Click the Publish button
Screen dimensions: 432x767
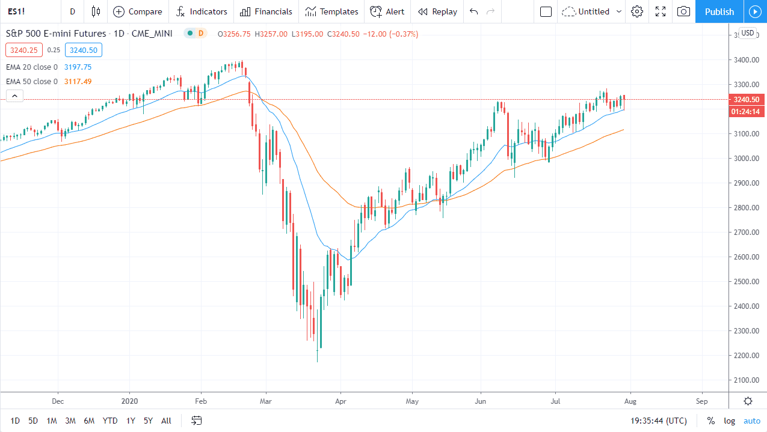point(719,11)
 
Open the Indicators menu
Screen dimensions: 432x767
point(202,11)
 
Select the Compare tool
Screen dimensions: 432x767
point(138,11)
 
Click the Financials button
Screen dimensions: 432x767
point(266,11)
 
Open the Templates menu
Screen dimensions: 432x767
point(331,11)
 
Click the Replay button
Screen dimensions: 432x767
point(437,11)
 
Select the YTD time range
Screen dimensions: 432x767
point(110,421)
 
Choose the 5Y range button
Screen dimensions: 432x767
point(148,421)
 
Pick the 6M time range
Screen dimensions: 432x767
point(89,421)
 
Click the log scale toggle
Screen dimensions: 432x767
point(729,421)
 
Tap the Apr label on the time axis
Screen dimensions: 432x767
point(340,401)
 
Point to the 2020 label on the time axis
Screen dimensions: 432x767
point(129,401)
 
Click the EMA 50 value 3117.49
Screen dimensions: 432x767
point(78,82)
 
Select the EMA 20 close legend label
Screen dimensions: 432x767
point(32,67)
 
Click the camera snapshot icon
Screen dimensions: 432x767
point(683,11)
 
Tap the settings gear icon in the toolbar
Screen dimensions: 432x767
point(637,11)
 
